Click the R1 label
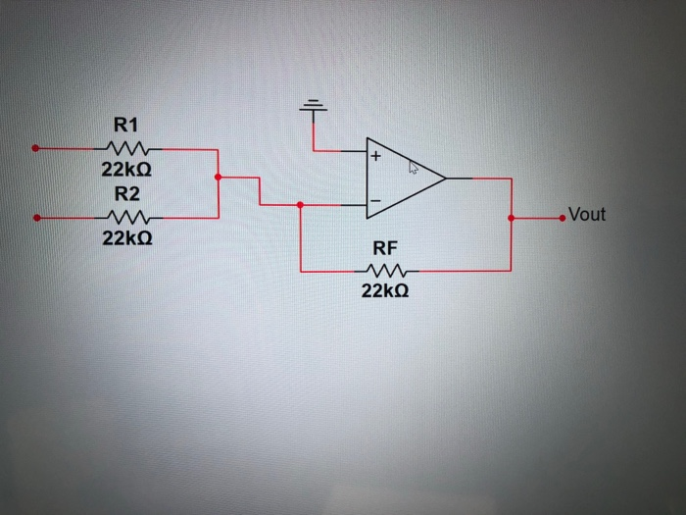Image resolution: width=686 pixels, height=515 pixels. point(126,125)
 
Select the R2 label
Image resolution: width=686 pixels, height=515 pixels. point(126,192)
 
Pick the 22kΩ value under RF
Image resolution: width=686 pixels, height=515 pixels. point(384,291)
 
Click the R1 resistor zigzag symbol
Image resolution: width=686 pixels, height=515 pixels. point(126,149)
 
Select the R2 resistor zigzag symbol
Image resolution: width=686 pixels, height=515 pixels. point(126,217)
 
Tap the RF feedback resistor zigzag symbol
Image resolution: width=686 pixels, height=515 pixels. point(385,270)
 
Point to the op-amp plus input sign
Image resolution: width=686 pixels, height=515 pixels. point(374,155)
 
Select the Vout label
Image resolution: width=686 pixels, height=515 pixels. point(586,214)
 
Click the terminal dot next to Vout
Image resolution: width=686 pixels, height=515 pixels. point(562,217)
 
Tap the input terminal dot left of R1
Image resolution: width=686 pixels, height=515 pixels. point(35,149)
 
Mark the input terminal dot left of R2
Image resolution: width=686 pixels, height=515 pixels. point(35,217)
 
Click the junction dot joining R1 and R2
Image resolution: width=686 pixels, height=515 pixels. point(217,178)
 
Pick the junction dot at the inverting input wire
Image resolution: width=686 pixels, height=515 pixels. point(300,205)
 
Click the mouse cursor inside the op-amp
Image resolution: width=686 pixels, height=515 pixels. point(413,169)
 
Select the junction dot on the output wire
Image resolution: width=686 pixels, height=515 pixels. point(511,217)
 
